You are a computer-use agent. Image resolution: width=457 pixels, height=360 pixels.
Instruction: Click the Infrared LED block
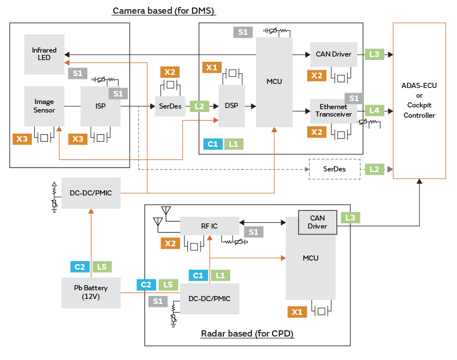[44, 54]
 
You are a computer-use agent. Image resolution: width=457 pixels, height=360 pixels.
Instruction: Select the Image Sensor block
[44, 106]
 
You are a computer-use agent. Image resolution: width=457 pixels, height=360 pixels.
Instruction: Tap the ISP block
[101, 106]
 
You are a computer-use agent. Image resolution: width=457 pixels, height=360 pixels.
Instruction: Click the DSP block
[231, 106]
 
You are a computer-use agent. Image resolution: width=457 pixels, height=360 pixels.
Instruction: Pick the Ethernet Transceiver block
[334, 111]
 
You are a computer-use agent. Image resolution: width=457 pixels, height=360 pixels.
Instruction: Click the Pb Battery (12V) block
[91, 292]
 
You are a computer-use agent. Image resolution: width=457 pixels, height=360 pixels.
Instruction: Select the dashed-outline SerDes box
[334, 169]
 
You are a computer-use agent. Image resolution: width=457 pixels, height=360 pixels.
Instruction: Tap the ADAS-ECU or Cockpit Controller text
[420, 101]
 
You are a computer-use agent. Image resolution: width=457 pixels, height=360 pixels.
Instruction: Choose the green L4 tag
[374, 110]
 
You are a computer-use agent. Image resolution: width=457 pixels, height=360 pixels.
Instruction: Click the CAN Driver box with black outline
[317, 222]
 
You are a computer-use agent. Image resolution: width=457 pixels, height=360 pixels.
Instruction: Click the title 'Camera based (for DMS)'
[164, 11]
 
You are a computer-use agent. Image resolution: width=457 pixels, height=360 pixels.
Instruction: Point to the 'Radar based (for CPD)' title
[247, 334]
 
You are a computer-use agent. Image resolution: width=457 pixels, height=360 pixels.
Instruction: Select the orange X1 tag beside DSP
[213, 67]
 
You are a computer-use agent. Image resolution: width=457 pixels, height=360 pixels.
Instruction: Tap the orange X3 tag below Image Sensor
[22, 138]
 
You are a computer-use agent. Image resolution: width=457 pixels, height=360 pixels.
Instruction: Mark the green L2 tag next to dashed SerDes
[374, 169]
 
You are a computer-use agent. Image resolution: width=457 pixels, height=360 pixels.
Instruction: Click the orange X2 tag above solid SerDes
[170, 72]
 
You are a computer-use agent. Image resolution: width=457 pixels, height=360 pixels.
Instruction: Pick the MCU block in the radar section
[311, 258]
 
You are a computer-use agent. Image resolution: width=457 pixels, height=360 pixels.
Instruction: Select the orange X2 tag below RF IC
[170, 243]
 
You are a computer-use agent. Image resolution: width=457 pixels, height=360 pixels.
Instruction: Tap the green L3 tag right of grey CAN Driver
[374, 54]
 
